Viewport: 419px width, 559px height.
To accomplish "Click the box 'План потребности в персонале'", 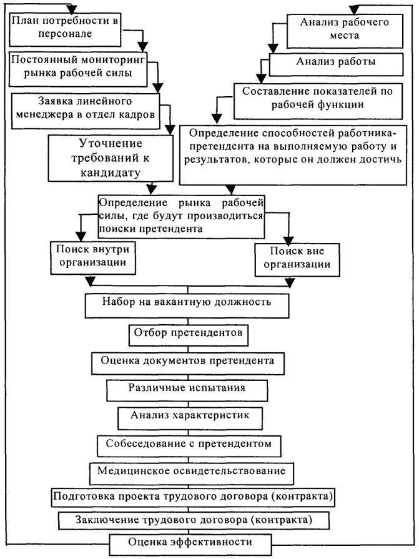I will (66, 28).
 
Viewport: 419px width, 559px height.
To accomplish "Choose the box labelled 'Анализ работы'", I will (336, 62).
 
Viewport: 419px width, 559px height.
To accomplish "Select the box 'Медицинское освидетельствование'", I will (191, 470).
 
